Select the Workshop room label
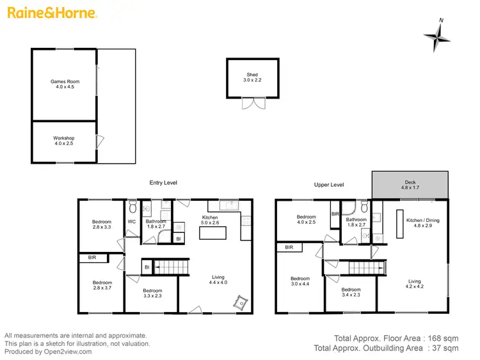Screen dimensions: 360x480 click(63, 141)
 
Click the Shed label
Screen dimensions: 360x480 click(253, 78)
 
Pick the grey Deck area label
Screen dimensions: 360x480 click(410, 185)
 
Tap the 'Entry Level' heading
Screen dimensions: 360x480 click(163, 183)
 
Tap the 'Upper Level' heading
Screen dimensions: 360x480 click(328, 185)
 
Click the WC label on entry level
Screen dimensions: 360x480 click(132, 222)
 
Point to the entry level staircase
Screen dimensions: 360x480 click(172, 267)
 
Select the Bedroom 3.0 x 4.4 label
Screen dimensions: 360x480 click(300, 281)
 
